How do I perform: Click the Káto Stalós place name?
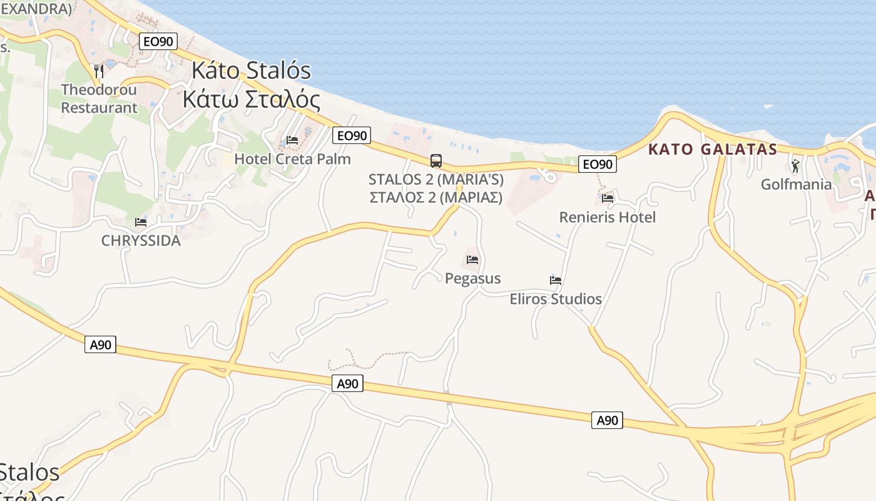pyautogui.click(x=251, y=71)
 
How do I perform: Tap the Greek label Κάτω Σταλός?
pyautogui.click(x=251, y=100)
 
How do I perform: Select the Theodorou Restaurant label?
pyautogui.click(x=99, y=98)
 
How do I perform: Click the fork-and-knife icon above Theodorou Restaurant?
pyautogui.click(x=98, y=70)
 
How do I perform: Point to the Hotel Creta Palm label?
pyautogui.click(x=292, y=159)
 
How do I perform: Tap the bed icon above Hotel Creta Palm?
pyautogui.click(x=292, y=140)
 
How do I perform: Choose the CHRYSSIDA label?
pyautogui.click(x=141, y=240)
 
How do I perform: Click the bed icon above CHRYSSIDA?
pyautogui.click(x=141, y=222)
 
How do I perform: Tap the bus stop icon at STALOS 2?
pyautogui.click(x=436, y=161)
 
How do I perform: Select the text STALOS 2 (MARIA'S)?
pyautogui.click(x=436, y=180)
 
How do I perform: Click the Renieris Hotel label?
pyautogui.click(x=607, y=217)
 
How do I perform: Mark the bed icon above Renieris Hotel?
pyautogui.click(x=607, y=198)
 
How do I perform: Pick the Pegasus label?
pyautogui.click(x=472, y=278)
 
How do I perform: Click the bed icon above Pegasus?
pyautogui.click(x=472, y=259)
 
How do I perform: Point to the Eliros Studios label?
pyautogui.click(x=556, y=299)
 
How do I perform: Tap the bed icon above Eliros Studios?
pyautogui.click(x=556, y=280)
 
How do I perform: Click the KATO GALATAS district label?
pyautogui.click(x=713, y=150)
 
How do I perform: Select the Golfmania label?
pyautogui.click(x=796, y=185)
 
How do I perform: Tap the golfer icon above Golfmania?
pyautogui.click(x=795, y=166)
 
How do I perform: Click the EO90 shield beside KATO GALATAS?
pyautogui.click(x=597, y=164)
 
